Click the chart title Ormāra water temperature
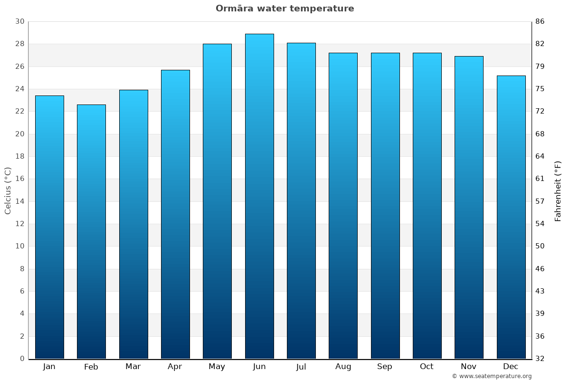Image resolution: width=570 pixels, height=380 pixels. click(x=285, y=9)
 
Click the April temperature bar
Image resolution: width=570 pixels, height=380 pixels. click(x=175, y=214)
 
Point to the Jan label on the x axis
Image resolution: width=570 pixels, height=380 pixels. click(x=49, y=367)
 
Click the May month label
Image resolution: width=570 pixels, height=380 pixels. click(x=217, y=367)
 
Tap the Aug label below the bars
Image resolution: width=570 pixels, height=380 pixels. click(x=343, y=367)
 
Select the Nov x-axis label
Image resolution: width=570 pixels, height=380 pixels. click(x=469, y=367)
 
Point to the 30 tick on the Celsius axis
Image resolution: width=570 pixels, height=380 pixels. click(x=20, y=21)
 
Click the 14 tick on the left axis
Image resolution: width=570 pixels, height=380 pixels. click(x=20, y=201)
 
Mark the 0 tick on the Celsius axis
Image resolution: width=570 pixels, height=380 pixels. click(x=22, y=359)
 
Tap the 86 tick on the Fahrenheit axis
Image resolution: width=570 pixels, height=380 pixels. click(x=540, y=21)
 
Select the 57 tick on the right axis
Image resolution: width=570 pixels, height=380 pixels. click(x=540, y=201)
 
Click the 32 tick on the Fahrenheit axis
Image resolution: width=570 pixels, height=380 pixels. click(x=540, y=359)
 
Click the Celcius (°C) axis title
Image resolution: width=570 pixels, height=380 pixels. click(x=8, y=190)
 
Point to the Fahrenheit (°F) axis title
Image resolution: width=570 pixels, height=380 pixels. click(x=558, y=190)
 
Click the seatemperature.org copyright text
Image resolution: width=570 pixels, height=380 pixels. click(x=492, y=376)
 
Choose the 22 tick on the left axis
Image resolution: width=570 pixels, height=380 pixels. click(x=20, y=111)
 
